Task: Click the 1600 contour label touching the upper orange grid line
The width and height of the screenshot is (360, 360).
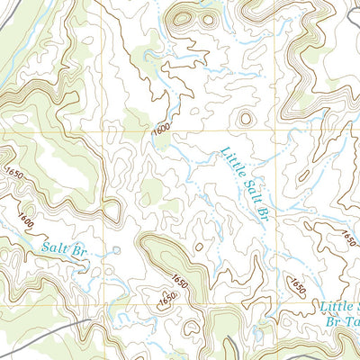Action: pos(161,130)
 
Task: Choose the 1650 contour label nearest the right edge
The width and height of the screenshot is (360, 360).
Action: pos(347,237)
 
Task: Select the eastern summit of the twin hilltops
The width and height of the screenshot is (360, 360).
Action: pos(209,19)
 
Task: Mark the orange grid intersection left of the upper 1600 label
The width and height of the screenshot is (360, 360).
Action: pos(103,131)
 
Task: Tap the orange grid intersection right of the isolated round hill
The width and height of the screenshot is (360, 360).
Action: pos(274,131)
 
